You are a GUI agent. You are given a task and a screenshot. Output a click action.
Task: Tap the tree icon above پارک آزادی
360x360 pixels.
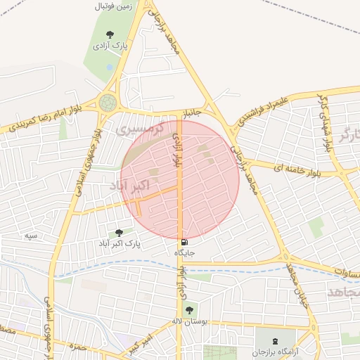click(x=110, y=34)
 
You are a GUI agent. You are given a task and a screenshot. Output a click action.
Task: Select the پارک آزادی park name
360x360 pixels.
click(x=110, y=46)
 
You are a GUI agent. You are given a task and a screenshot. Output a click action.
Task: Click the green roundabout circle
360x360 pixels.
click(x=108, y=103)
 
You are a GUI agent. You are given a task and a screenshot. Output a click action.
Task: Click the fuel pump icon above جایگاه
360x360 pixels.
click(x=184, y=241)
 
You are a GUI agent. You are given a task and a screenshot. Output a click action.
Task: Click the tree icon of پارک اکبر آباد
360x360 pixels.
click(x=118, y=232)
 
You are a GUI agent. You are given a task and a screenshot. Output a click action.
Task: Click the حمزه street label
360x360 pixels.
click(x=79, y=345)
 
